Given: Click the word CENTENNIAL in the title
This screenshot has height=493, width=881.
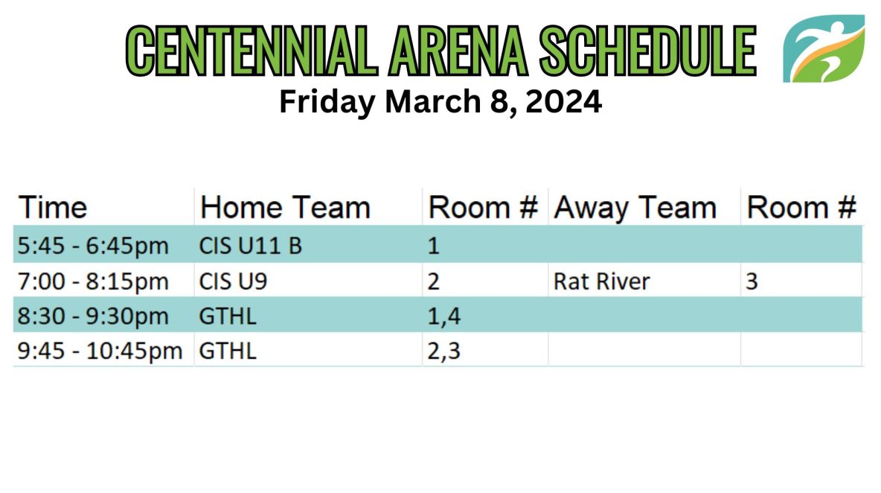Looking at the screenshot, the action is pos(252,51).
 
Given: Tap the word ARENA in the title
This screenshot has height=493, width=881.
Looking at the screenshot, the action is pos(458,51).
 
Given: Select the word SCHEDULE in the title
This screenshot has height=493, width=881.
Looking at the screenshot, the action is pos(648,51).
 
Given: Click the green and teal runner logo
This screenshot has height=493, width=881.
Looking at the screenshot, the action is pos(824,48).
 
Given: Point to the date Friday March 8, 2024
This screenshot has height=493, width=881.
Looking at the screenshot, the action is pos(440,102).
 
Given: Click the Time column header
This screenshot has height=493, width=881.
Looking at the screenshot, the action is pos(53,208).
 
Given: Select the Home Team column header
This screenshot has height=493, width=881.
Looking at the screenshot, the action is pos(286,208).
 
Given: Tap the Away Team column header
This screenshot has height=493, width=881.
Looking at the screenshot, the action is pos(635,208).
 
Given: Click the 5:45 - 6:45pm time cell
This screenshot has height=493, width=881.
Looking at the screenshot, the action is pos(93,246).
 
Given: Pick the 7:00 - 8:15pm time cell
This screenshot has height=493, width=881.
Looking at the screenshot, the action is pos(93,281).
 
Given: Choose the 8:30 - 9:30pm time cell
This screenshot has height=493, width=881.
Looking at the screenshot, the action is pos(93,316).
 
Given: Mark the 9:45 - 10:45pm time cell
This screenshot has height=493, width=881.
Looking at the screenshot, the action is pos(100,351).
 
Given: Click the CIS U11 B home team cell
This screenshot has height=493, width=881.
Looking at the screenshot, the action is pos(251,246).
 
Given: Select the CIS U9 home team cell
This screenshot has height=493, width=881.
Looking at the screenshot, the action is pos(233,281).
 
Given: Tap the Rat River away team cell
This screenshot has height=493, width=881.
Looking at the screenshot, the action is pos(602,281).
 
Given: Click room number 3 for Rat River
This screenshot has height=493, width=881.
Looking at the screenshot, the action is pos(752,281).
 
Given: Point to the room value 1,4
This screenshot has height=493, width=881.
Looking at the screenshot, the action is pos(444,317).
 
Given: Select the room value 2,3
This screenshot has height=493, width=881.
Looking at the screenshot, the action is pos(444,352).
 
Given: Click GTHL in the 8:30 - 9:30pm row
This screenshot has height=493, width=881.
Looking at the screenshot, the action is pos(228,316).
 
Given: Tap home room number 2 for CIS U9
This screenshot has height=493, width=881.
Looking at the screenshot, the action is pos(433,281).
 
